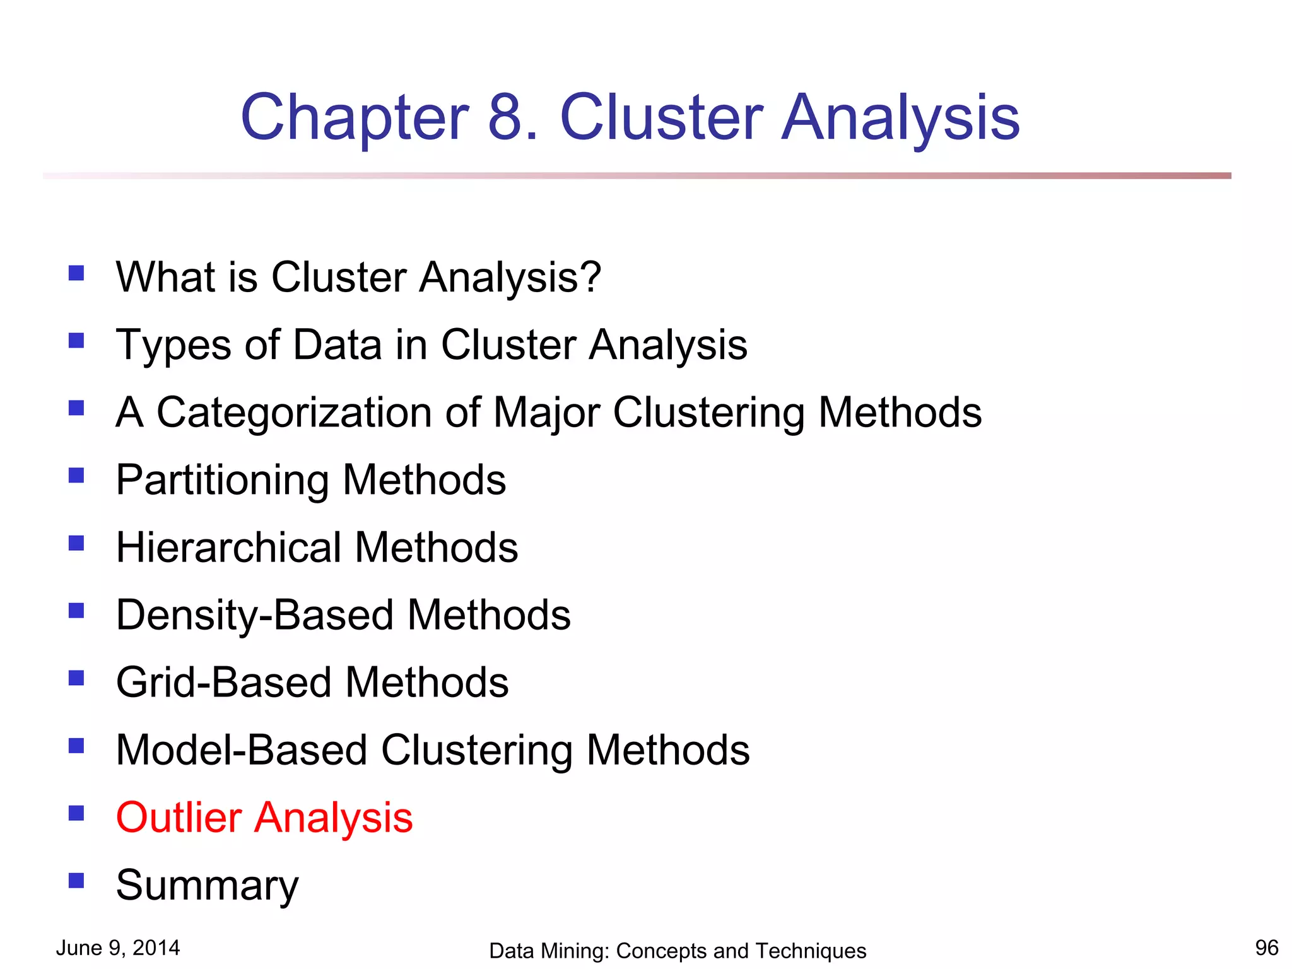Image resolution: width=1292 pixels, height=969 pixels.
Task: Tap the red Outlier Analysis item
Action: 264,818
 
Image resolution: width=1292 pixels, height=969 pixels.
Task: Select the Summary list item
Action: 207,886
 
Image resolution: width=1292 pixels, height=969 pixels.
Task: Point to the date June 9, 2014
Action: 118,948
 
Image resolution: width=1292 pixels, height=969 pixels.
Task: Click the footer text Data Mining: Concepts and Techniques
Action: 678,951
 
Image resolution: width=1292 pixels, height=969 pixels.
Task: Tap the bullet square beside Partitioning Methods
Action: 76,475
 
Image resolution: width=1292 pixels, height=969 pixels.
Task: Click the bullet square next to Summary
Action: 76,880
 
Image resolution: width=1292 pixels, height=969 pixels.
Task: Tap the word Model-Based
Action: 242,750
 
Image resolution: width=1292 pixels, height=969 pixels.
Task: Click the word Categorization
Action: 294,413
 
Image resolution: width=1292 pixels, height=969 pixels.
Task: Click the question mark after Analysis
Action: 590,277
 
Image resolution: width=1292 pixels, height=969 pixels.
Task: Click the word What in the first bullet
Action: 164,277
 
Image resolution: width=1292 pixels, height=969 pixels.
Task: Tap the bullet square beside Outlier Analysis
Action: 76,813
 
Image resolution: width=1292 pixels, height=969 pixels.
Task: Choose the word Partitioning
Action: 222,480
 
